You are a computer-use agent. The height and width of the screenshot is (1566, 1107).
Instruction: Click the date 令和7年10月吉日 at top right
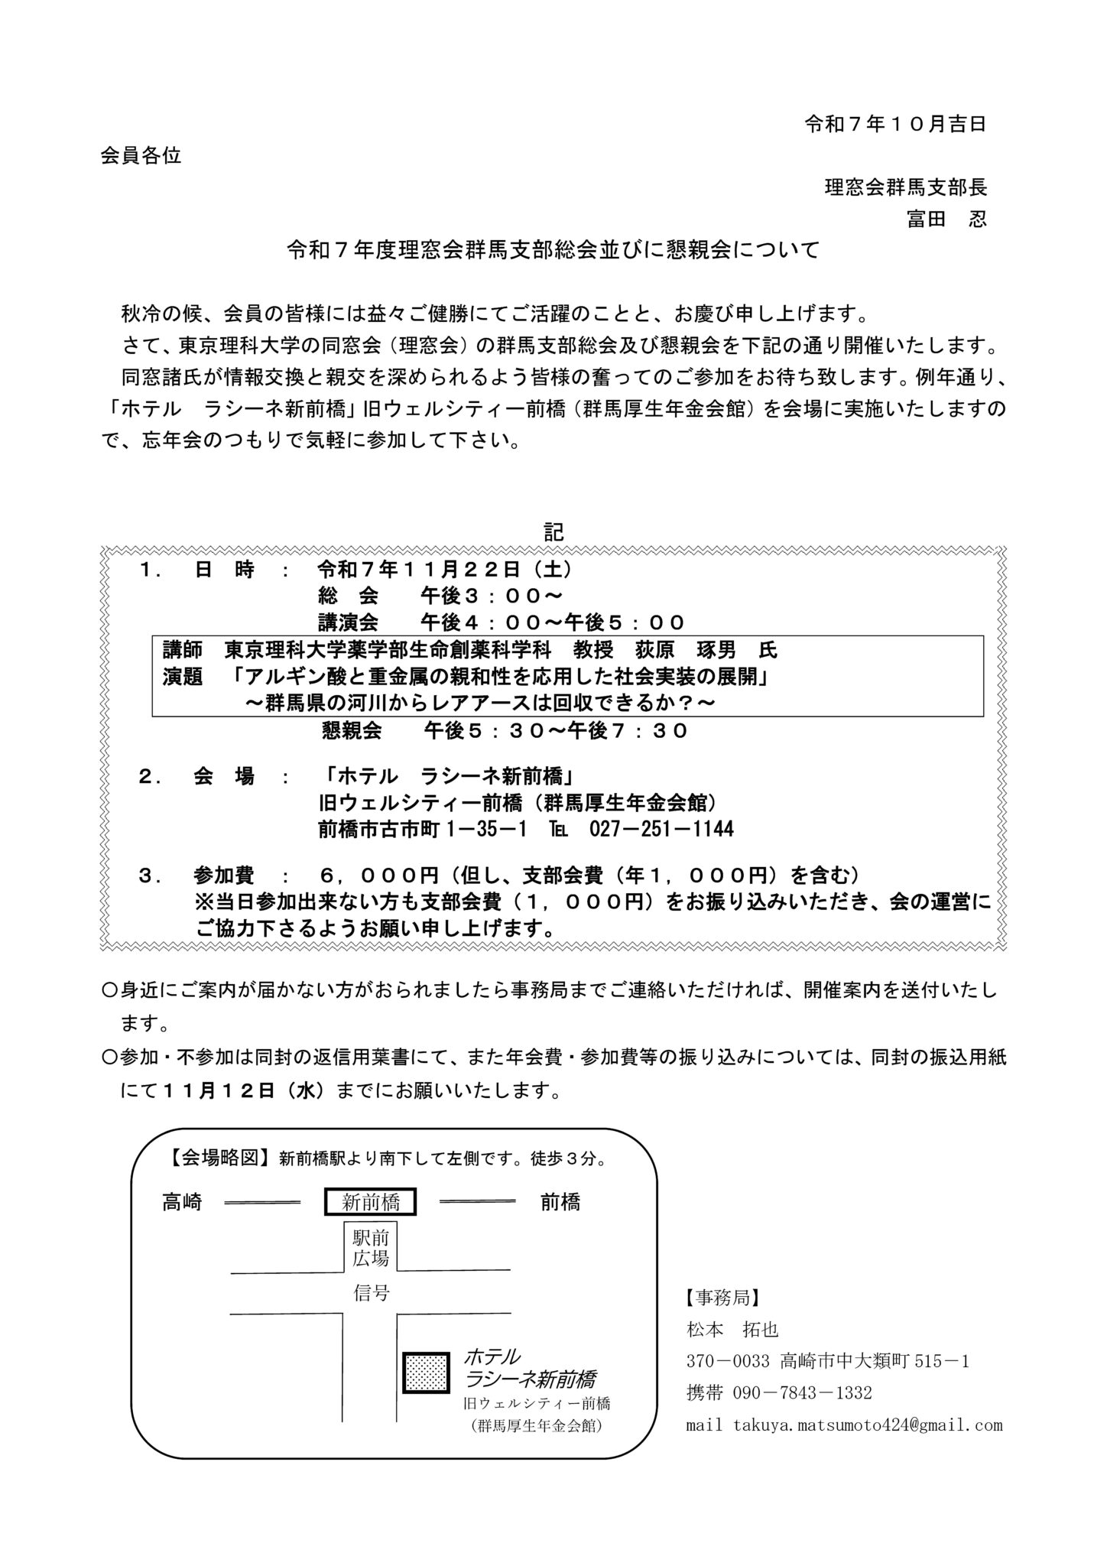pos(895,125)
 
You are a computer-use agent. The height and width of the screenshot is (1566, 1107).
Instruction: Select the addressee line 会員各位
pos(141,156)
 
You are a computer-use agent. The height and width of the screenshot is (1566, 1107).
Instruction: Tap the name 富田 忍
pos(946,219)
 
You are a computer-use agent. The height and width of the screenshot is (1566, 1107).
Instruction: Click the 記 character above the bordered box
pos(553,532)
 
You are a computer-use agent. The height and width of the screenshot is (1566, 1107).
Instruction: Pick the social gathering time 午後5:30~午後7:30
pos(557,731)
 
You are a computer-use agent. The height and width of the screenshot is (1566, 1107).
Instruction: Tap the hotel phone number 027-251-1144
pos(662,829)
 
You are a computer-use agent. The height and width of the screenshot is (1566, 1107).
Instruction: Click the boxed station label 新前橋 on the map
pos(371,1203)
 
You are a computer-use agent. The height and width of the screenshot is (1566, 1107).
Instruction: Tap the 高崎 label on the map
pos(182,1203)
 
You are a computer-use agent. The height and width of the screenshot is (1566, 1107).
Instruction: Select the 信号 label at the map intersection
pos(372,1292)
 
